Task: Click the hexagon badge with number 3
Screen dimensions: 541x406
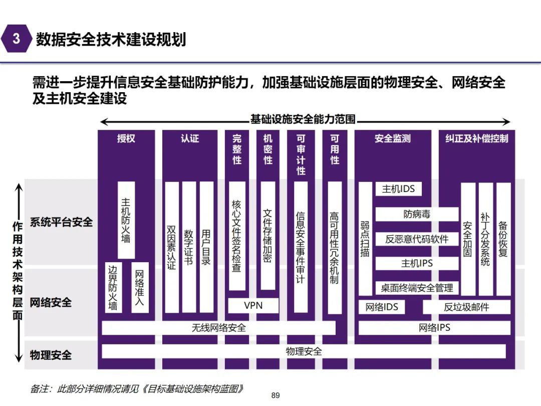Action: [17, 39]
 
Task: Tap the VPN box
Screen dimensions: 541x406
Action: [253, 305]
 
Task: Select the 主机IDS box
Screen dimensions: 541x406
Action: [398, 189]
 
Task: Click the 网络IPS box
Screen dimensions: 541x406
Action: [434, 328]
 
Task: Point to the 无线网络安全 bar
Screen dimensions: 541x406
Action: [218, 328]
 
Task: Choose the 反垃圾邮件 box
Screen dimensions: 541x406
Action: [466, 307]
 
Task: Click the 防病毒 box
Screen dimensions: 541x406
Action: [417, 214]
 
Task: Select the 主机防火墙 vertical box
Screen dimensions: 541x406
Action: [126, 220]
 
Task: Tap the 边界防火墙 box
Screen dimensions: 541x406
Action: [114, 288]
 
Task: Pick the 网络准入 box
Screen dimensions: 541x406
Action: [140, 288]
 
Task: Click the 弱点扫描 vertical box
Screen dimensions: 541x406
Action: [365, 238]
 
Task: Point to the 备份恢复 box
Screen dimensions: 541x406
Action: [503, 238]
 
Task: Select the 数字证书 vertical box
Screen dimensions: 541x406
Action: [189, 247]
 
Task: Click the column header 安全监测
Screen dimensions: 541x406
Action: [393, 138]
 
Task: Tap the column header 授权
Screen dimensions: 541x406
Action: [126, 138]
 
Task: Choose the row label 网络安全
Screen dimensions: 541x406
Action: [51, 303]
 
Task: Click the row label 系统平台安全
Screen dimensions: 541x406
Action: [61, 222]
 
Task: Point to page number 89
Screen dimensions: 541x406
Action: [275, 395]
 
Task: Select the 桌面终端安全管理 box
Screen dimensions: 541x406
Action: [417, 288]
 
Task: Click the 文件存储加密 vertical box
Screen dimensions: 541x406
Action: [268, 236]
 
